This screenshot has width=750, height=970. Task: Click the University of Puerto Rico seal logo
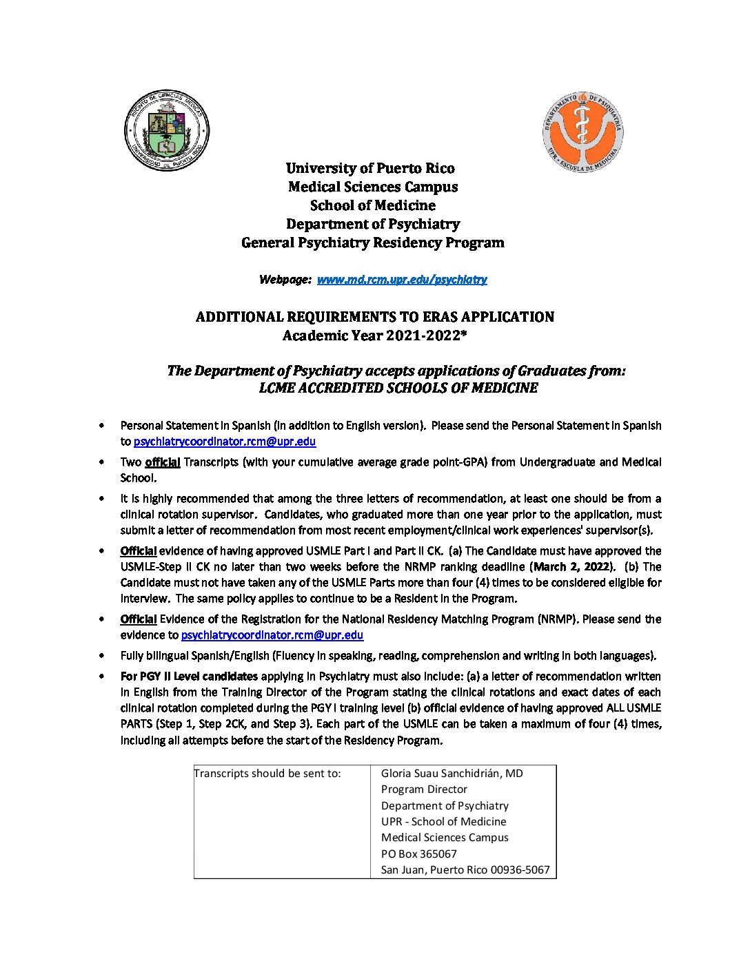click(x=167, y=130)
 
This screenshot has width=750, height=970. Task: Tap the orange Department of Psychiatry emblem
click(x=582, y=132)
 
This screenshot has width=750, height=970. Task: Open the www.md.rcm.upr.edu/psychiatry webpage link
click(x=401, y=280)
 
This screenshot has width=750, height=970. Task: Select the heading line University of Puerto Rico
click(x=370, y=168)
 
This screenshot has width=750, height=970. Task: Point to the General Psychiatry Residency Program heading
click(x=372, y=242)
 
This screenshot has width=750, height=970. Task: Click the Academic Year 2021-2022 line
click(x=374, y=336)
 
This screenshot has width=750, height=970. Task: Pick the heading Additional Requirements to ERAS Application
click(x=374, y=317)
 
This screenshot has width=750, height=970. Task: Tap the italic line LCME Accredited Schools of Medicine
click(x=398, y=388)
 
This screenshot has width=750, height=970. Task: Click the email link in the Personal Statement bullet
click(x=225, y=442)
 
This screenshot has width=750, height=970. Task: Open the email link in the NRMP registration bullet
click(x=272, y=635)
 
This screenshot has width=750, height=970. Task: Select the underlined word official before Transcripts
click(x=163, y=462)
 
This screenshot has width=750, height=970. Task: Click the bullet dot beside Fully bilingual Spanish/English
click(x=102, y=656)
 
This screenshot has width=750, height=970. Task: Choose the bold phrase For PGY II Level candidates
click(x=189, y=677)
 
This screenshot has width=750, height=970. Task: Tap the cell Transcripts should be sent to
click(x=267, y=774)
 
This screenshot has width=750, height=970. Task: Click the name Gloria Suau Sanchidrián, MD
click(x=452, y=774)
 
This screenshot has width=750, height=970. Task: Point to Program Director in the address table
click(x=424, y=790)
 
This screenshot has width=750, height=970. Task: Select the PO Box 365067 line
click(x=418, y=854)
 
